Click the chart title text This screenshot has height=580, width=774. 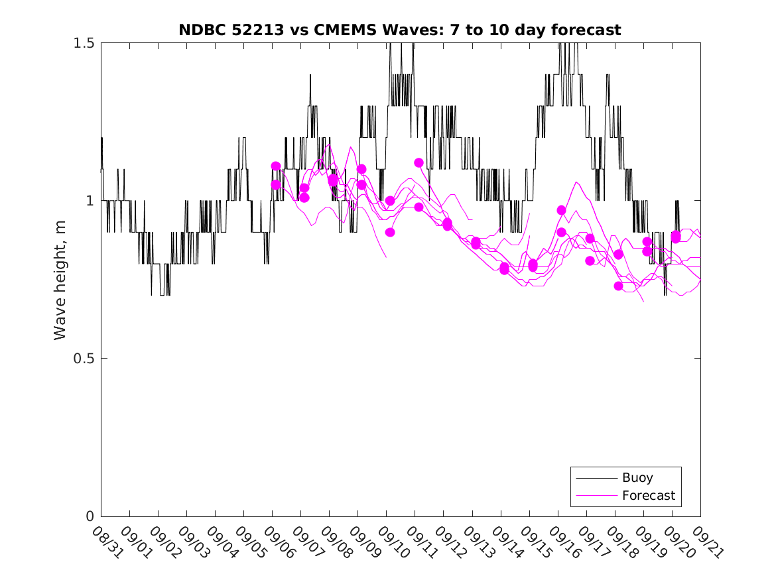[x=400, y=30]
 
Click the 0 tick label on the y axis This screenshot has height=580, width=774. [x=91, y=516]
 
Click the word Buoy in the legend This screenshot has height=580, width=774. [x=637, y=478]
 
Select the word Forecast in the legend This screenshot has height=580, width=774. [x=649, y=495]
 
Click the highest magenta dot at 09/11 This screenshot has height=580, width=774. [x=419, y=162]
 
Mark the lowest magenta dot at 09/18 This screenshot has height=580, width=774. [x=619, y=286]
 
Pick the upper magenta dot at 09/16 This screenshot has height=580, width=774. [x=562, y=210]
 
